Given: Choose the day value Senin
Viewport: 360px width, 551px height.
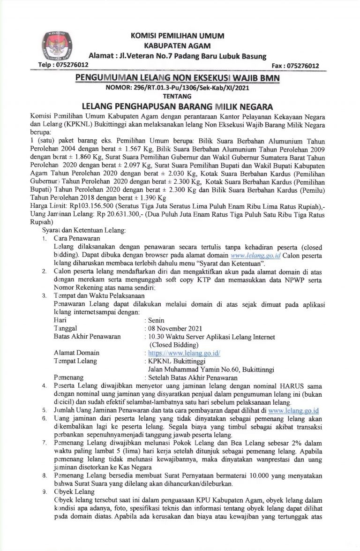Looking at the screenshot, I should pyautogui.click(x=156, y=319).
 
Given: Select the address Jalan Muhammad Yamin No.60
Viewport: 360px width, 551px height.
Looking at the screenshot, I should pyautogui.click(x=192, y=369).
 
